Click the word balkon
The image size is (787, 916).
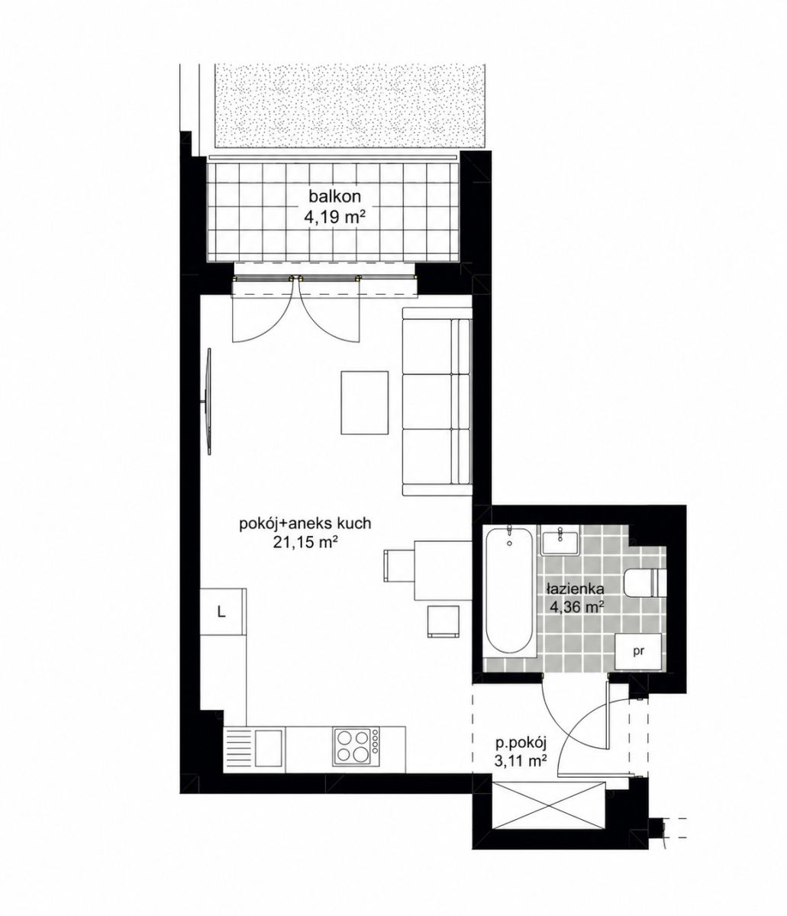(x=334, y=196)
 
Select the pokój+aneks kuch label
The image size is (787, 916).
(x=305, y=524)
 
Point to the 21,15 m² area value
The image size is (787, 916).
(x=303, y=543)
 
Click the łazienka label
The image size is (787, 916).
(x=575, y=589)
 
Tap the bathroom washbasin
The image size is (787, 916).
(x=560, y=540)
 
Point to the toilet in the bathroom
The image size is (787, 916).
(x=645, y=582)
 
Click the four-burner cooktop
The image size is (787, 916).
(x=356, y=747)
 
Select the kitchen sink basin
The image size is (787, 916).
(x=269, y=747)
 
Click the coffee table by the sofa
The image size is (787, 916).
(x=364, y=402)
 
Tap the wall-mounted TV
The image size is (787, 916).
(x=208, y=402)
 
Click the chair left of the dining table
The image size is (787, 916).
(x=398, y=565)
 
